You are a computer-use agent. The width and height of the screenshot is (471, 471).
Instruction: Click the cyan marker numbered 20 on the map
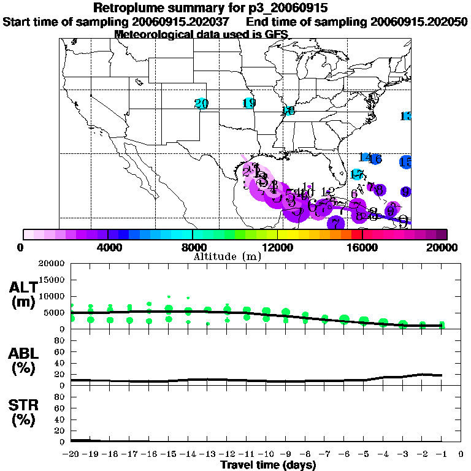click(x=201, y=104)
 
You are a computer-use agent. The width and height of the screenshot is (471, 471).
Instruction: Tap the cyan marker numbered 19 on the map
click(x=249, y=103)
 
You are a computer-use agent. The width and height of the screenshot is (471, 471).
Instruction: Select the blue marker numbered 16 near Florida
click(x=375, y=159)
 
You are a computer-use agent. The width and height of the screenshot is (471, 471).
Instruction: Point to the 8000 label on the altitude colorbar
click(x=193, y=247)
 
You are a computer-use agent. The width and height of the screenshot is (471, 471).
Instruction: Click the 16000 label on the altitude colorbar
click(x=362, y=247)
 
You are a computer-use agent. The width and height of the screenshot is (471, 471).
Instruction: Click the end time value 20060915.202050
click(x=419, y=22)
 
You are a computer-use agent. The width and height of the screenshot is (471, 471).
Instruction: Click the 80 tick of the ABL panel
click(x=60, y=341)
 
